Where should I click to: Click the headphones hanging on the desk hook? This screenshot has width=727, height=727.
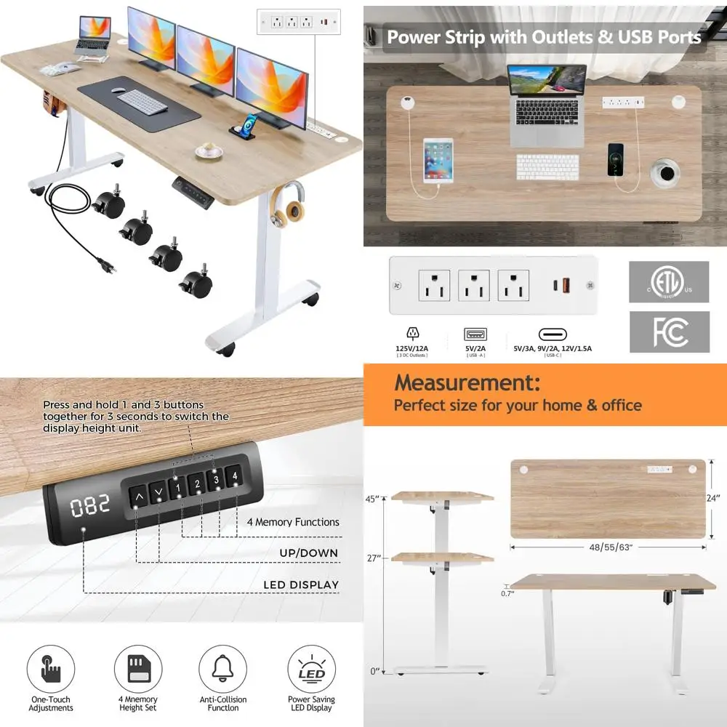pos(289,205)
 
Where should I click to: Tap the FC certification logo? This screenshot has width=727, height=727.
pos(669,332)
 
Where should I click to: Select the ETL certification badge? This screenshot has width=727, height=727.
pos(669,282)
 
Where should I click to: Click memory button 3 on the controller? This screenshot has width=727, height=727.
pos(216,483)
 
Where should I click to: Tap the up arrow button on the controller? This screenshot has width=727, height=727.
pos(138,498)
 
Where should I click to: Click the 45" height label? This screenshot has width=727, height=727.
pos(374,499)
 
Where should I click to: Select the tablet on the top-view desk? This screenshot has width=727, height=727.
pos(438,160)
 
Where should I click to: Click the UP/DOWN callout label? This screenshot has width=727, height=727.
pos(309,553)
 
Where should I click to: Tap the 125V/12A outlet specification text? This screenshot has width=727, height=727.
pos(413,349)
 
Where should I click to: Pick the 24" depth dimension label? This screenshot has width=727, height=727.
pos(713,499)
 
